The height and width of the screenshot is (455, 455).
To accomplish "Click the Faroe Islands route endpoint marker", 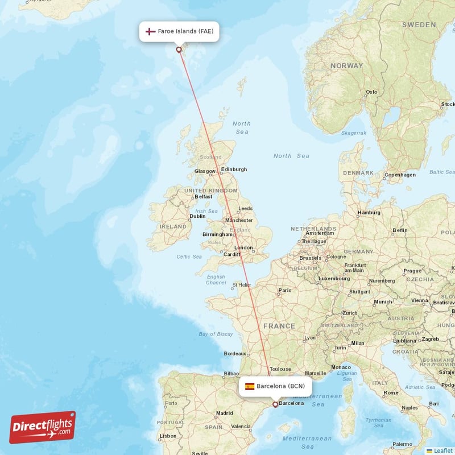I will (179, 49).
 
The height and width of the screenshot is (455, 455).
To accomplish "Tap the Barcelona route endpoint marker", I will (275, 404).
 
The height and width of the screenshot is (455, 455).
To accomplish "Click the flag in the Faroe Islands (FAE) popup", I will (151, 31).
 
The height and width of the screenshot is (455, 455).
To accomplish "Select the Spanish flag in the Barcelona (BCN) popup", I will (250, 386).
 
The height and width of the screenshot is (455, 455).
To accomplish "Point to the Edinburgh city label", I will (234, 169).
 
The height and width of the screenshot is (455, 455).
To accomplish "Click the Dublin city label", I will (197, 216).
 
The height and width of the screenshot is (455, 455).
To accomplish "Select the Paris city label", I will (284, 291).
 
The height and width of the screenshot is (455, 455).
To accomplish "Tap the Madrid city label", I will (225, 413).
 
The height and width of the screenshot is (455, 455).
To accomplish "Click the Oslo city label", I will (371, 92).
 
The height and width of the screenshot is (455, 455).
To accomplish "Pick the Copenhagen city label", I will (400, 175).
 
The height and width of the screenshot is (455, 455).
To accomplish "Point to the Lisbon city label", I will (168, 436).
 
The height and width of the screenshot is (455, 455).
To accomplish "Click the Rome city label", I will (391, 392).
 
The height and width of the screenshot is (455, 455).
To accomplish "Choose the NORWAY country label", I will (346, 66).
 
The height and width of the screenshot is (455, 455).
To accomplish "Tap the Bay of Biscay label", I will (216, 334).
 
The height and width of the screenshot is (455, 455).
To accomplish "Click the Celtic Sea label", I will (189, 257).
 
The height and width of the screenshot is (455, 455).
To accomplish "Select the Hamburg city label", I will (369, 213).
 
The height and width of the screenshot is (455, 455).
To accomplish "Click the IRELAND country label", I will (173, 226).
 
